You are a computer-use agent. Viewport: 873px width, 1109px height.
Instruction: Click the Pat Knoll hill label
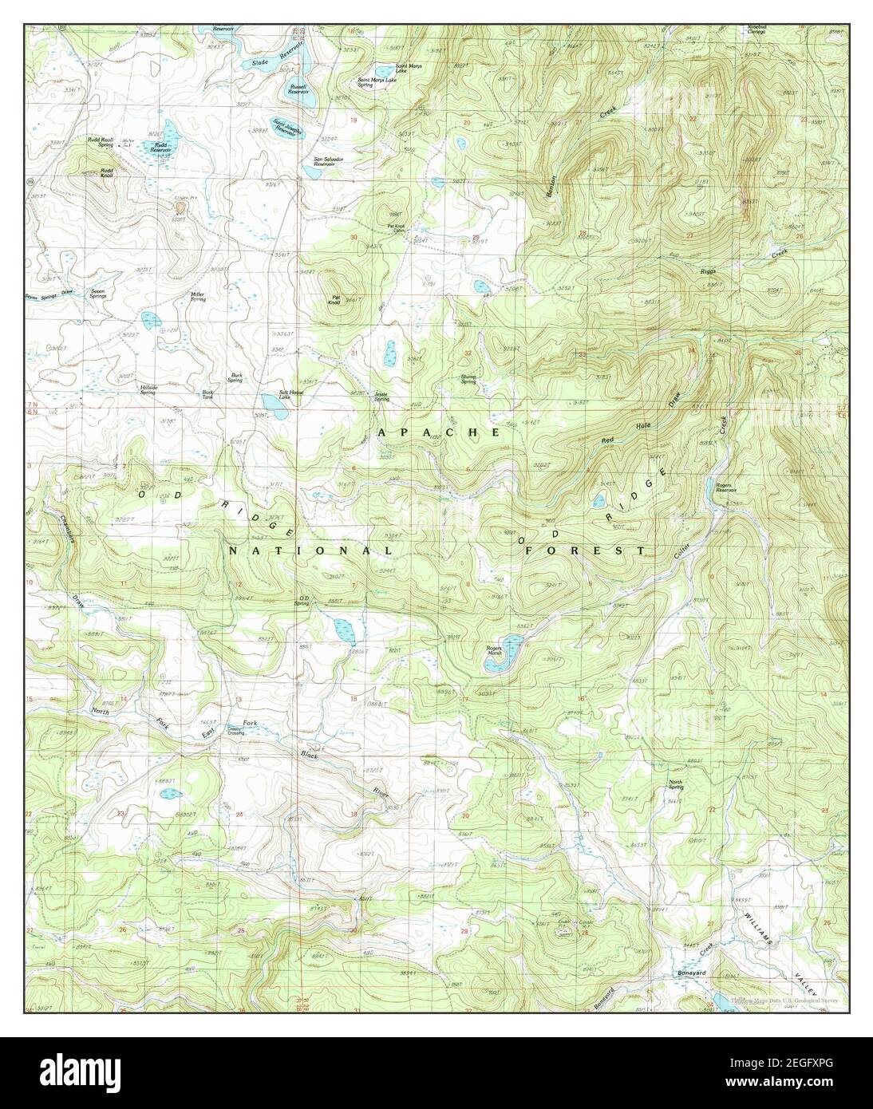tap(337, 301)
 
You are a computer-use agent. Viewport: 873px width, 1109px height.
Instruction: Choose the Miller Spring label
tap(197, 296)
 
